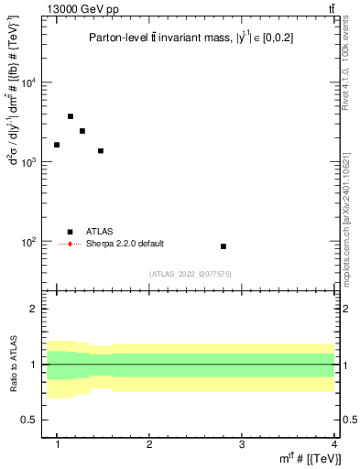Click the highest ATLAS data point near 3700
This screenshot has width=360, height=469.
point(71,116)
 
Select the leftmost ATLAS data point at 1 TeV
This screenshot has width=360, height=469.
point(57,145)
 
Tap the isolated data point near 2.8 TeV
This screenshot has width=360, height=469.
point(224,246)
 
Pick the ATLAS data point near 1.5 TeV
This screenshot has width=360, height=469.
point(101,150)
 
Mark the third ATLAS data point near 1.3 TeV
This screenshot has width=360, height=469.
point(82,131)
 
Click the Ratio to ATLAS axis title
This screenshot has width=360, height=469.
point(12,364)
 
